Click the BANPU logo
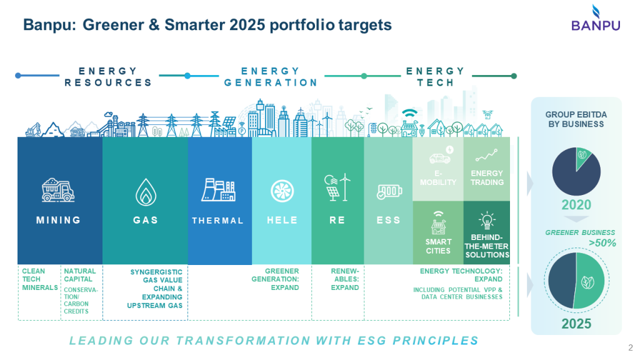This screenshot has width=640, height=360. click(596, 18)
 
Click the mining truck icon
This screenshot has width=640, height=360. click(58, 190)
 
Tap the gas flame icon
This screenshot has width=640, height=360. click(146, 191)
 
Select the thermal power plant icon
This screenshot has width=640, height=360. click(218, 189)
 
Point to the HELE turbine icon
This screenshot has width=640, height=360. click(282, 191)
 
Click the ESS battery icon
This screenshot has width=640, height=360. click(389, 191)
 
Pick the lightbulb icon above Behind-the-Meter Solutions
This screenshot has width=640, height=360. click(487, 220)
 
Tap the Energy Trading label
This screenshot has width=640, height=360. click(487, 178)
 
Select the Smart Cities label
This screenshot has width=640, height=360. click(438, 246)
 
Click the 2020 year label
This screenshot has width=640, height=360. click(576, 204)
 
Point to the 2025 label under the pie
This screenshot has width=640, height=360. click(576, 324)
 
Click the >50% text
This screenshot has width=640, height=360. click(602, 243)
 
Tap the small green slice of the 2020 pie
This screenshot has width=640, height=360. click(582, 157)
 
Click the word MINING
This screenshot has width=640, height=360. click(58, 221)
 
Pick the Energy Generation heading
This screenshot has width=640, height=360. click(271, 77)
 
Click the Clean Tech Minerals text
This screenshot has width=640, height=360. click(39, 279)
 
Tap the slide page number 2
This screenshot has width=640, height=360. click(631, 347)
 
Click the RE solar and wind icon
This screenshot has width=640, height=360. click(337, 187)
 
